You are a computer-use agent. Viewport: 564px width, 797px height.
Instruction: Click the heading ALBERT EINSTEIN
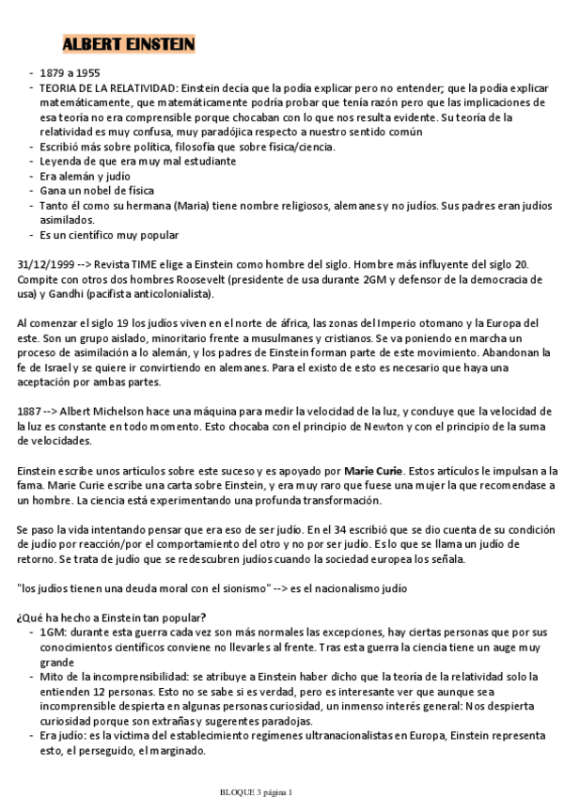tap(128, 45)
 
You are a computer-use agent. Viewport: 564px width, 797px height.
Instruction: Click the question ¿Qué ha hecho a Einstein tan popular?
tap(112, 617)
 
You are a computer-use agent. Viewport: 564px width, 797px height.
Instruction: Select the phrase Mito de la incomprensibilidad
tap(115, 677)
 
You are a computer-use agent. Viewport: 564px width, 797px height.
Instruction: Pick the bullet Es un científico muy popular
tap(109, 235)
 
